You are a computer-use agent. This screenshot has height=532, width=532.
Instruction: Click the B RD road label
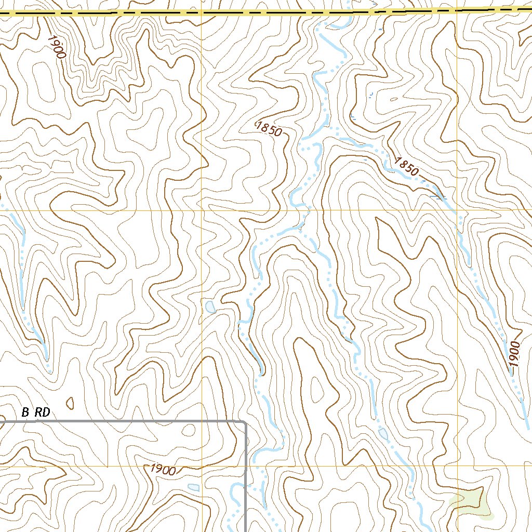click(36, 413)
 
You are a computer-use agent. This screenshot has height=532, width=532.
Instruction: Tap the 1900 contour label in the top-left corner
click(55, 46)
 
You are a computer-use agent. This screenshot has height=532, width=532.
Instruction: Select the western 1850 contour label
click(269, 129)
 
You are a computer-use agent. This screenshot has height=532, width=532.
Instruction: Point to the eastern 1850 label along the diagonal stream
click(406, 166)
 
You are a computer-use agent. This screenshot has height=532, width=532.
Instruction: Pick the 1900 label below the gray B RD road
click(163, 470)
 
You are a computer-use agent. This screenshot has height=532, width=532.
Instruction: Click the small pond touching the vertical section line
click(210, 307)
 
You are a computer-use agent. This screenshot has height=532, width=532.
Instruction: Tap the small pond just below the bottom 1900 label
click(194, 487)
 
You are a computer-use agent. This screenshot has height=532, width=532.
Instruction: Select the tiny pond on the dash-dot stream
click(383, 433)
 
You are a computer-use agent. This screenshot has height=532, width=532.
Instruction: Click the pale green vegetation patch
click(470, 502)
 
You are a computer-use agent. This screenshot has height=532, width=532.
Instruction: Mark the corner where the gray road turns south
click(244, 422)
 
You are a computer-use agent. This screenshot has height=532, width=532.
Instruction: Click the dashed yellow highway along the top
click(260, 12)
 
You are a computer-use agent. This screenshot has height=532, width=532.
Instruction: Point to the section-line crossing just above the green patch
click(457, 466)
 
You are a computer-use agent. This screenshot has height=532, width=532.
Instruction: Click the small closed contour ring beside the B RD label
click(70, 403)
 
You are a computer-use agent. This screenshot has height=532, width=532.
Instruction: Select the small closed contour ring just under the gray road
click(189, 430)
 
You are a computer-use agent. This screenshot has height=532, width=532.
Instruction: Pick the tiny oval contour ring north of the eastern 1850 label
click(395, 100)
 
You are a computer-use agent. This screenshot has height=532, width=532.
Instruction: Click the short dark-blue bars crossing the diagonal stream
click(438, 197)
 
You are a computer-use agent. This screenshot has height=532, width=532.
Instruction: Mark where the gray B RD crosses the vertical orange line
click(202, 421)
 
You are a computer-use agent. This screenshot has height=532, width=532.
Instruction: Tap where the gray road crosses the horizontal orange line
click(245, 466)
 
